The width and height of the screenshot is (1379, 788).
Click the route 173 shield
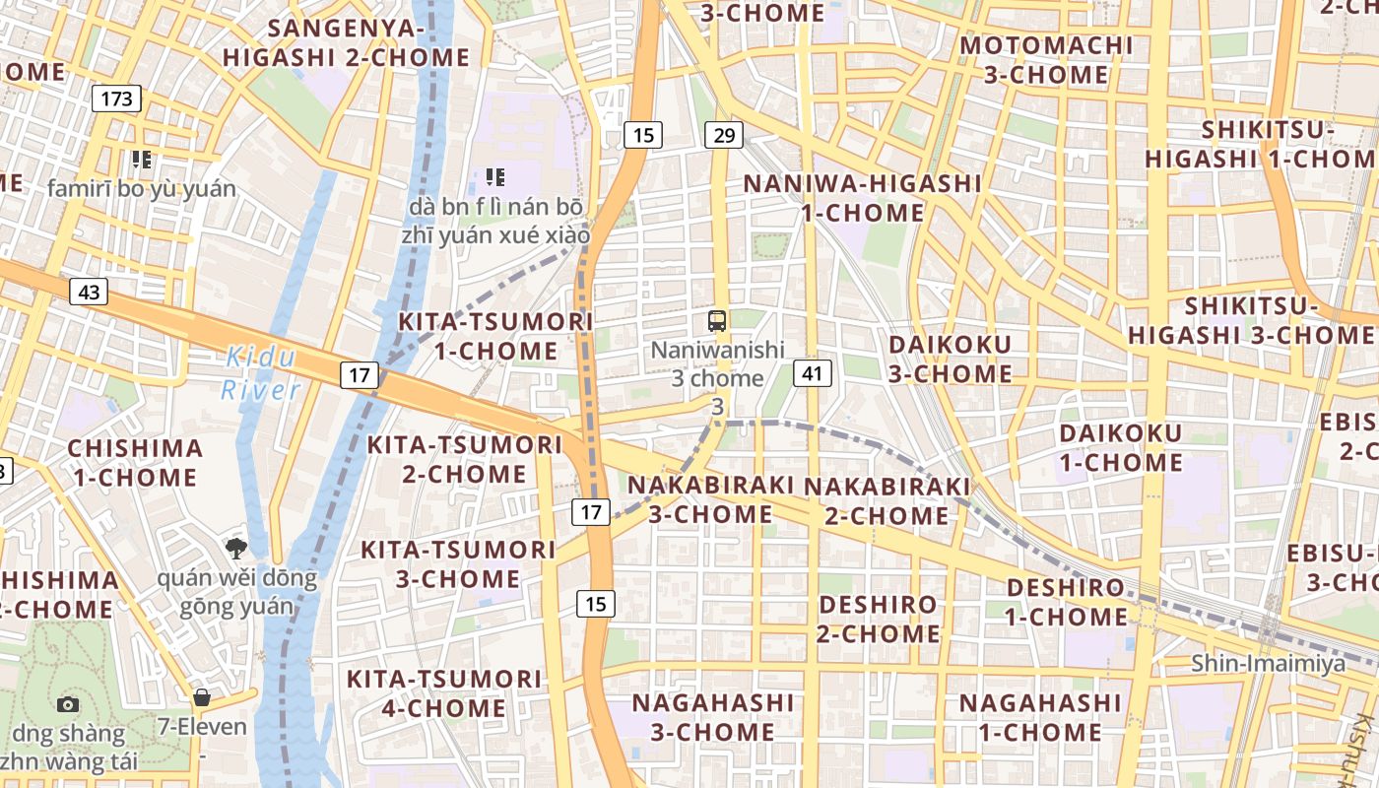pos(116,98)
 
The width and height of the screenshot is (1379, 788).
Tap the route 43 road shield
pos(89,292)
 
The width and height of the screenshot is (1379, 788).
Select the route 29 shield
pos(723,135)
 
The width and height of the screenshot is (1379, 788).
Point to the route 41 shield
pos(812,373)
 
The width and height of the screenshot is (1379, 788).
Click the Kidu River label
pos(261,373)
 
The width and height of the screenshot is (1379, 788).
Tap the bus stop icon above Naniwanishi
pos(717,320)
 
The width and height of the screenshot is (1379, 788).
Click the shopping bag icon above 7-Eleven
pos(202,698)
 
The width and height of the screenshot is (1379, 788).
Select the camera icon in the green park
pos(68,703)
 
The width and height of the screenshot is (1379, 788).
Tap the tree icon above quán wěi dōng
pos(235,549)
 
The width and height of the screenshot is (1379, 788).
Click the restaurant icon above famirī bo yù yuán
pos(142,159)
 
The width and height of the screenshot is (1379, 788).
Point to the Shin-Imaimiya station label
pos(1269,663)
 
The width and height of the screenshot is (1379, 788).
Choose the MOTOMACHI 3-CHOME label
pos(1046,60)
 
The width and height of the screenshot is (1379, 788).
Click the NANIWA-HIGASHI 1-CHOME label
pos(862,198)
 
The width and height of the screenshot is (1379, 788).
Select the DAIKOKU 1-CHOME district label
pos(1121,448)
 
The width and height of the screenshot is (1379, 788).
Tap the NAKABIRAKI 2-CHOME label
pos(886,500)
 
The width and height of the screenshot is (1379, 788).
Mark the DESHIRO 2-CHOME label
pos(878,619)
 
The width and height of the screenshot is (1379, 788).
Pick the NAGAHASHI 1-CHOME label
pos(1040,717)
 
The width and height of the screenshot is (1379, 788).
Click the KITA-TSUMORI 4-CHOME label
pos(443,693)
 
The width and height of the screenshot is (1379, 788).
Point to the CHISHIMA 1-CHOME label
pos(135,463)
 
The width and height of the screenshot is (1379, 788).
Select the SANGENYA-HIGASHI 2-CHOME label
pos(347,42)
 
